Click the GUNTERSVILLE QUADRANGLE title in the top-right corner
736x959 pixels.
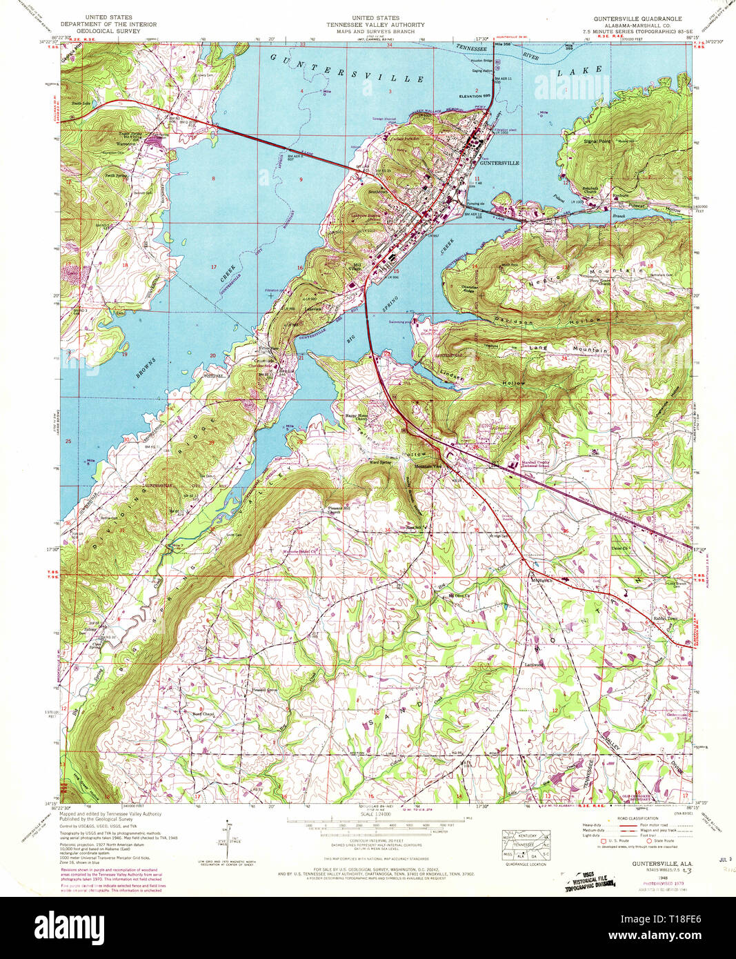tap(642, 19)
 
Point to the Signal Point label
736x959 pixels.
tap(597, 141)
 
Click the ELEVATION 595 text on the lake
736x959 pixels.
tap(476, 96)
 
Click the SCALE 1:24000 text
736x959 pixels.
tap(376, 814)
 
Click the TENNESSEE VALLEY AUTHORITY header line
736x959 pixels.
tap(376, 25)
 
